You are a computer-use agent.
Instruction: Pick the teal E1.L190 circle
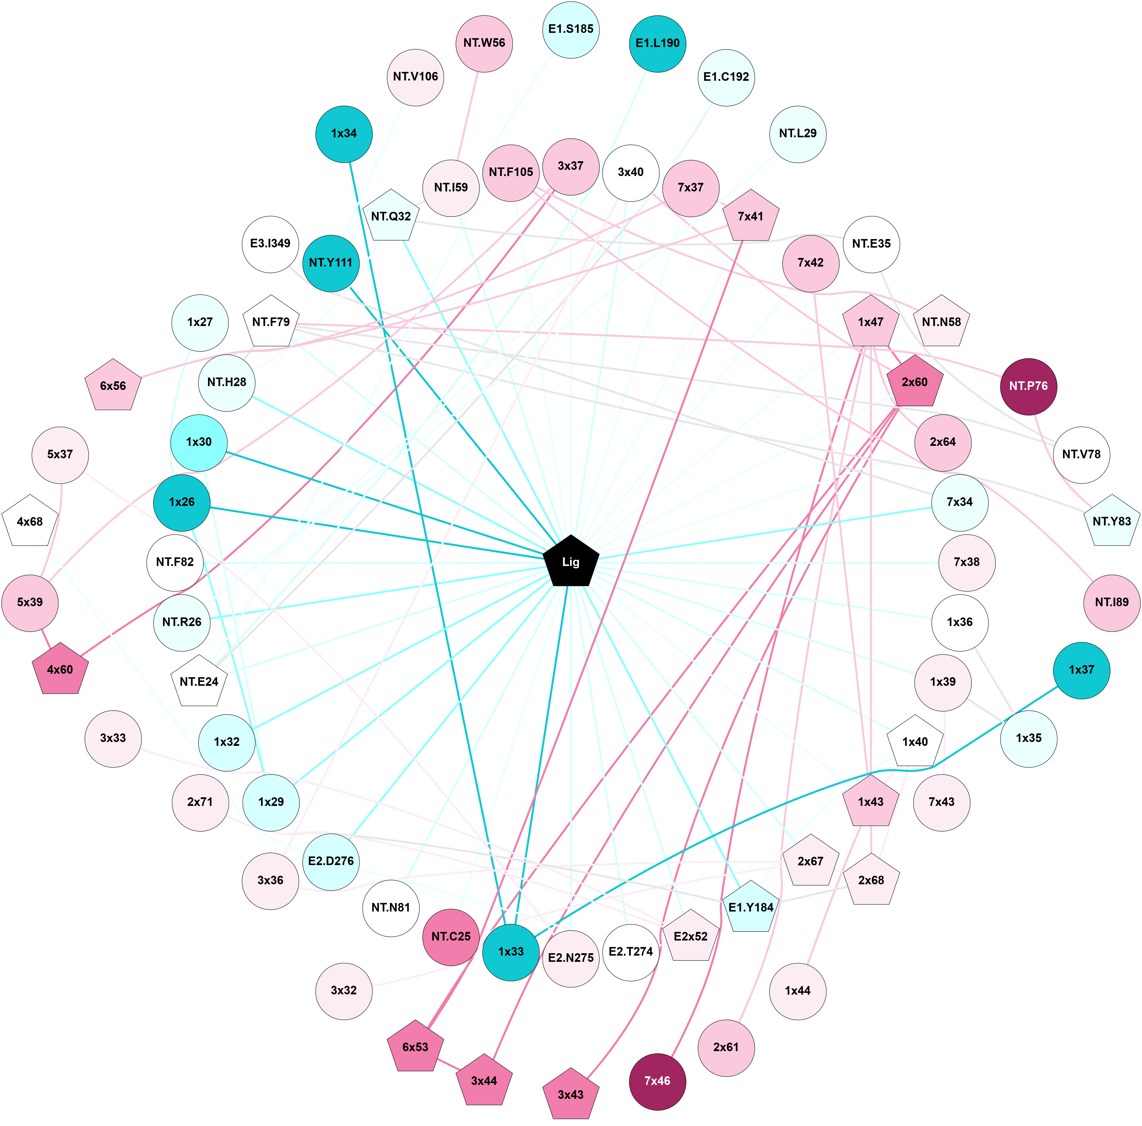point(657,43)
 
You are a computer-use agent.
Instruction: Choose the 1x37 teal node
point(1081,670)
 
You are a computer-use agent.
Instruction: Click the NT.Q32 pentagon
point(391,216)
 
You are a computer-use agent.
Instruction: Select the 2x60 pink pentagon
point(914,383)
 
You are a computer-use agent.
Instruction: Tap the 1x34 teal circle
point(344,134)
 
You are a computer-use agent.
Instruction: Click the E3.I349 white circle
point(270,243)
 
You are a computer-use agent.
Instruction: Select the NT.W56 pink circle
point(484,43)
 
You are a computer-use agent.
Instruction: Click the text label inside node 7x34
point(959,502)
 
